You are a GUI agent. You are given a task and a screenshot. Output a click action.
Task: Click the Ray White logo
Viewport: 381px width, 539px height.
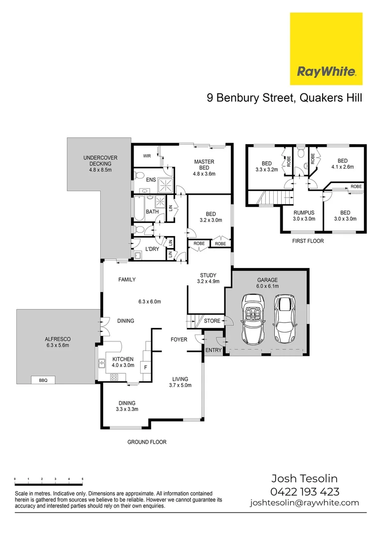(326, 49)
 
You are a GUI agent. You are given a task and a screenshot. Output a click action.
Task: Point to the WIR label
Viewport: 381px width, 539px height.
(147, 156)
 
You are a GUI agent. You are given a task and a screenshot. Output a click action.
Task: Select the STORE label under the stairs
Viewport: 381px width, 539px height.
(212, 321)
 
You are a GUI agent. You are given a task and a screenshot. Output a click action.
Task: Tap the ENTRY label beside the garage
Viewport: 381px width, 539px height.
(213, 350)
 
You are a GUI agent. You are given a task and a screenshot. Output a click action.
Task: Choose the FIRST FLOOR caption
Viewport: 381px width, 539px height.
(308, 241)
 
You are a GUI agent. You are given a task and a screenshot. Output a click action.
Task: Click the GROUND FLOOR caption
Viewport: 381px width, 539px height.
(147, 442)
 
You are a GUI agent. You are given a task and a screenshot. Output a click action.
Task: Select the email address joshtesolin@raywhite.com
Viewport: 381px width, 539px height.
(304, 503)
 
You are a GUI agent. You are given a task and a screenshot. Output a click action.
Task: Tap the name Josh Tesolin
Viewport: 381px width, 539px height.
(304, 479)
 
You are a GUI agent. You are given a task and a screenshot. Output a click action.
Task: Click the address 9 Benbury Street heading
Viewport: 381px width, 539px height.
(284, 98)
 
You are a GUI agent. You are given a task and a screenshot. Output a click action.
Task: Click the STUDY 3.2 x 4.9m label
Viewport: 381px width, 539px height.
(208, 278)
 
